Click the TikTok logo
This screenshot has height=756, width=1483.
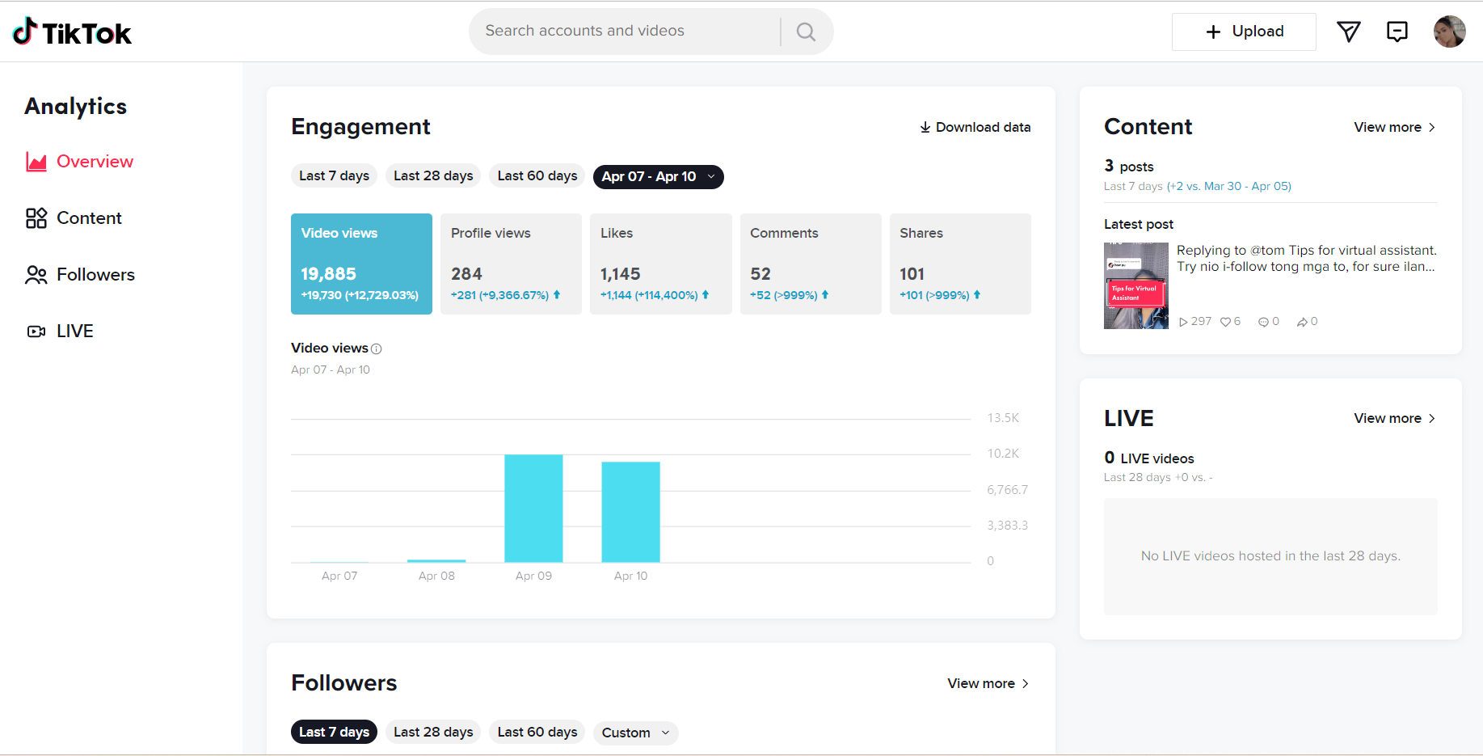click(72, 32)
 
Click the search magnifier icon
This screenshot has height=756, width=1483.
click(806, 32)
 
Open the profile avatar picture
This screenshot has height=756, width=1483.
click(1449, 32)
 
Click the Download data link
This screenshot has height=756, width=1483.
click(975, 127)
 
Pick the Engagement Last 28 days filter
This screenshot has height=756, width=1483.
click(433, 176)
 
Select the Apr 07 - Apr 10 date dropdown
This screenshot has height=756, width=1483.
click(658, 176)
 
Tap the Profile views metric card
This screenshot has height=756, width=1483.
click(511, 264)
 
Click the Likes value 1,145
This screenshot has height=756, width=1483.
click(620, 274)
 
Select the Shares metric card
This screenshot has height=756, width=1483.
click(959, 264)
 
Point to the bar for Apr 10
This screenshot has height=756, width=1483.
click(630, 512)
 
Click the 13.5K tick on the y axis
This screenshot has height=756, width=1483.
click(1003, 418)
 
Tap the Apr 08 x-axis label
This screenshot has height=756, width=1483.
click(436, 576)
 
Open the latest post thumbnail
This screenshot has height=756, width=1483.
click(1135, 285)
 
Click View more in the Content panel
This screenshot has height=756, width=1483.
click(1394, 127)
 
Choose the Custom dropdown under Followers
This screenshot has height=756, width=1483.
click(635, 733)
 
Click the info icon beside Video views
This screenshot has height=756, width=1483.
click(376, 348)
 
